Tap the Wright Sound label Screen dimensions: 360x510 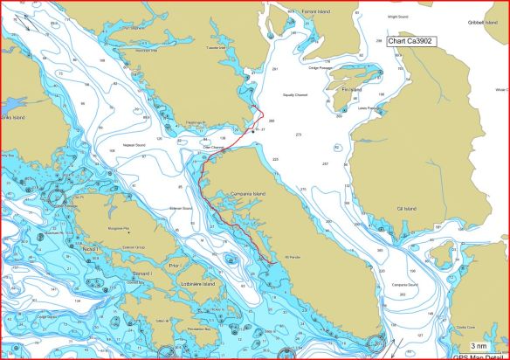click(397, 16)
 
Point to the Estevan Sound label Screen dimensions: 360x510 click(180, 208)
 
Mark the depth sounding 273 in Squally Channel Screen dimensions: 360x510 click(298, 135)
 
